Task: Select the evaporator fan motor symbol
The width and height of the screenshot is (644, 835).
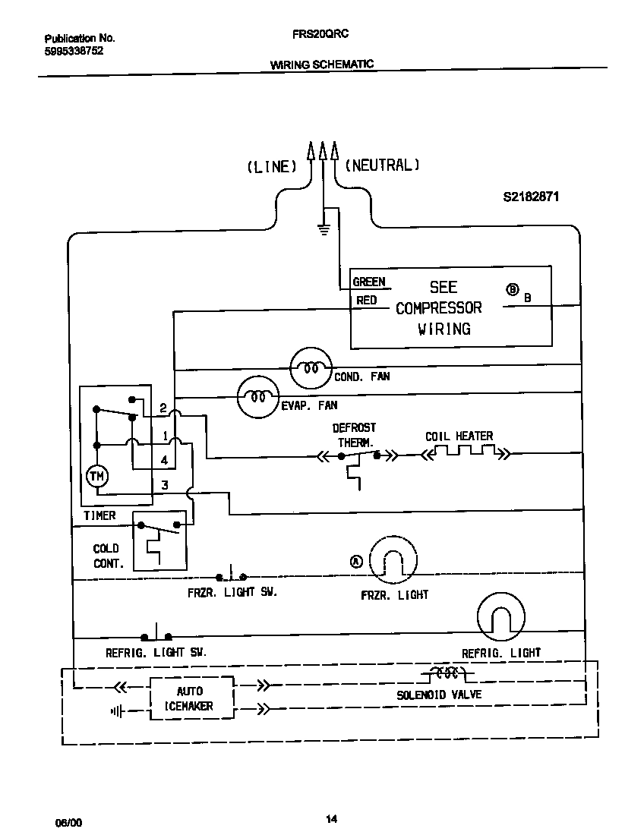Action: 258,395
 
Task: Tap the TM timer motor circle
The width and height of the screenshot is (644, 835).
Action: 96,476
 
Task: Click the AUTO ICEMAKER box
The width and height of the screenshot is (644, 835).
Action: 189,698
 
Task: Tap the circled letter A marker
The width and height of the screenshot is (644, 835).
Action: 356,562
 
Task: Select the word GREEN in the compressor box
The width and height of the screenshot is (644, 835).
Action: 369,282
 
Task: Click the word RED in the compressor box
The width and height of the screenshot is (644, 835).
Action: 366,301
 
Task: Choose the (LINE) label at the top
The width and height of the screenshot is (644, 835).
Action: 271,166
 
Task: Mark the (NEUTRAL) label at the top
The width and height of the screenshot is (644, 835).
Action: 382,165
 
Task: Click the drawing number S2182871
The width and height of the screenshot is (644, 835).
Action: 531,196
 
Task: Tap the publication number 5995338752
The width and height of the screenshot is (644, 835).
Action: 74,52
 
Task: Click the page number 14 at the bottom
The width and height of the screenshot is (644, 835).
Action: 331,818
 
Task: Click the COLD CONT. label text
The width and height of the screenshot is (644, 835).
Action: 106,556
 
